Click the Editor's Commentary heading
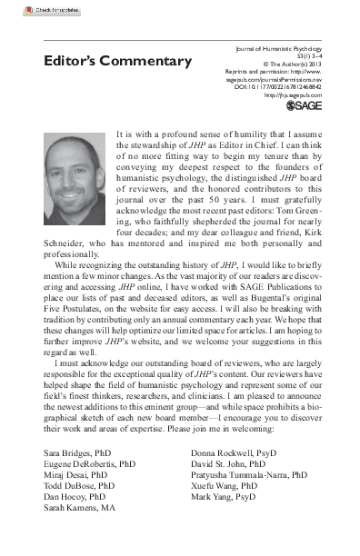click(118, 61)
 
